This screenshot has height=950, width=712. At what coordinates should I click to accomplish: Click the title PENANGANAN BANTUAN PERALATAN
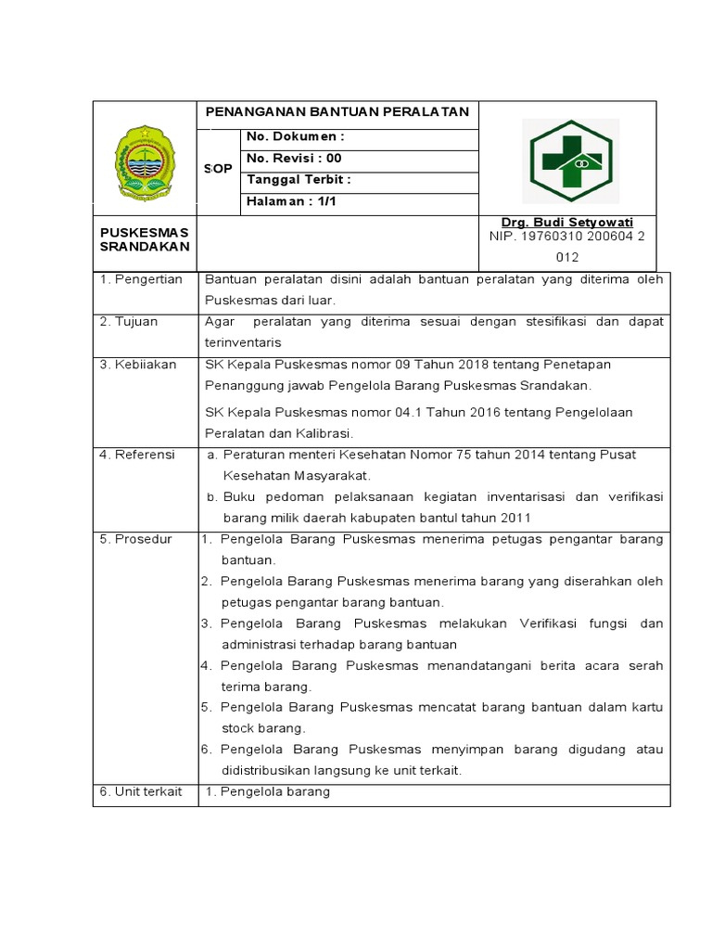(337, 112)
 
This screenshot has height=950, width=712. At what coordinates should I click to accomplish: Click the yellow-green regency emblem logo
(144, 163)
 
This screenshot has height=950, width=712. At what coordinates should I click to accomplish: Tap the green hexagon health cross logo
(570, 161)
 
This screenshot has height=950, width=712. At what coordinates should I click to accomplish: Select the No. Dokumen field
(296, 138)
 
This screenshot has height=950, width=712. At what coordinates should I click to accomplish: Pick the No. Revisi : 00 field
(294, 159)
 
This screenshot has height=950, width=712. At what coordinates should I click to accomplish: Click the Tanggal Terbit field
(299, 180)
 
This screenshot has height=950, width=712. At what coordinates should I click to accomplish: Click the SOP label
(218, 169)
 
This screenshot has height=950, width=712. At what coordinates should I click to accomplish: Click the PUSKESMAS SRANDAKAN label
(144, 238)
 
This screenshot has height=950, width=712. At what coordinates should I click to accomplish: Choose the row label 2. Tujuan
(129, 321)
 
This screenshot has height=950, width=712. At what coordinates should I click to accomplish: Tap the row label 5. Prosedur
(135, 539)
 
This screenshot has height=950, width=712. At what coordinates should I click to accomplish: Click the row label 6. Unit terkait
(141, 791)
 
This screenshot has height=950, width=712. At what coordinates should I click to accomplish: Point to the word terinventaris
(243, 342)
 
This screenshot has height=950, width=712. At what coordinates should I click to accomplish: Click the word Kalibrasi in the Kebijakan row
(323, 433)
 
